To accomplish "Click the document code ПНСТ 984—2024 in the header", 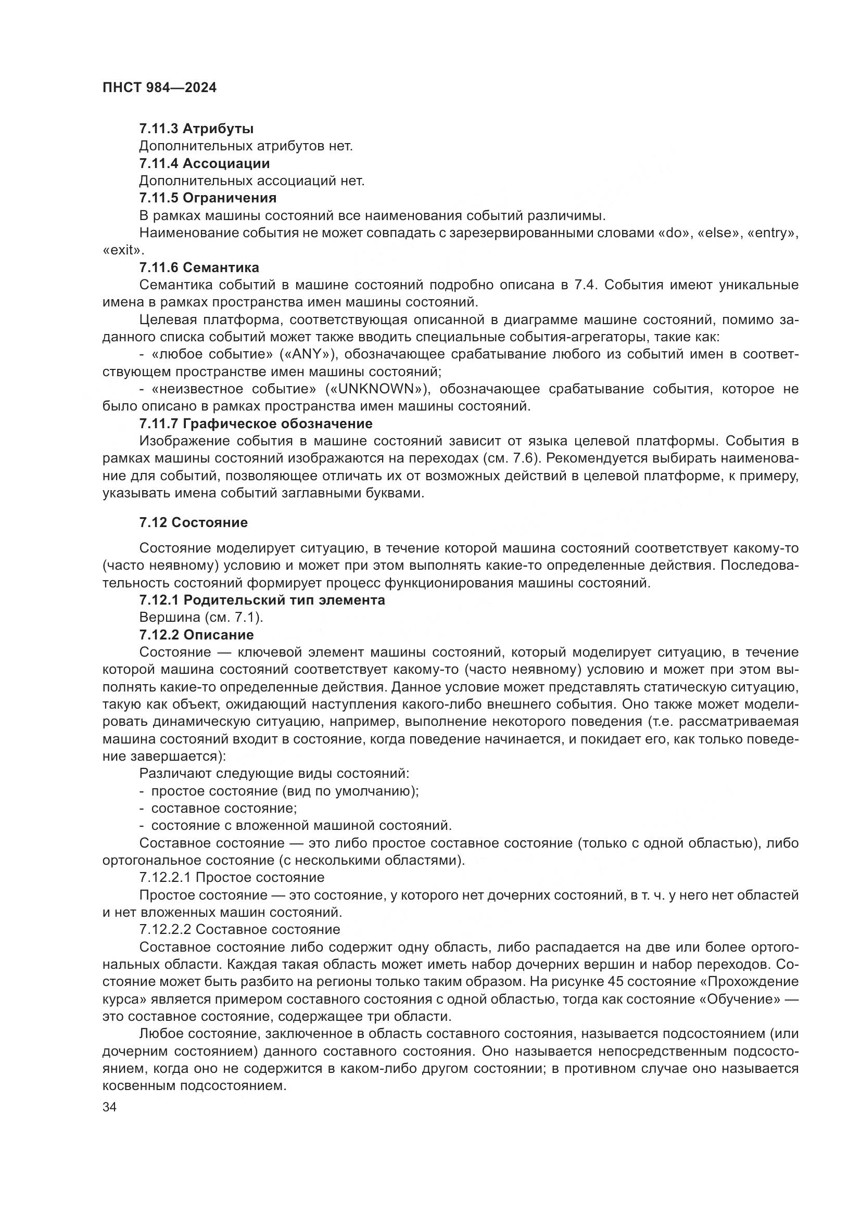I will coord(159,88).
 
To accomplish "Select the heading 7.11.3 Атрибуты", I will coord(196,129).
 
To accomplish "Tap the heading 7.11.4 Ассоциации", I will coord(204,163).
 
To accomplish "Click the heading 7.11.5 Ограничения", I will coord(207,198).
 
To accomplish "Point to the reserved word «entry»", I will coord(772,233).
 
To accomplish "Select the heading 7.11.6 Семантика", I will coord(199,267).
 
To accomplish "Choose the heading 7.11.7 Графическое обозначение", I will coord(256,424).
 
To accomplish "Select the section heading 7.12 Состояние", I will coord(193,522).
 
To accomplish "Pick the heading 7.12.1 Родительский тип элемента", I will coord(262,600).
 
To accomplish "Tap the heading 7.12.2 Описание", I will coord(196,635).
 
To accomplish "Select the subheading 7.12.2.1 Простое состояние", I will coord(231,878).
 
